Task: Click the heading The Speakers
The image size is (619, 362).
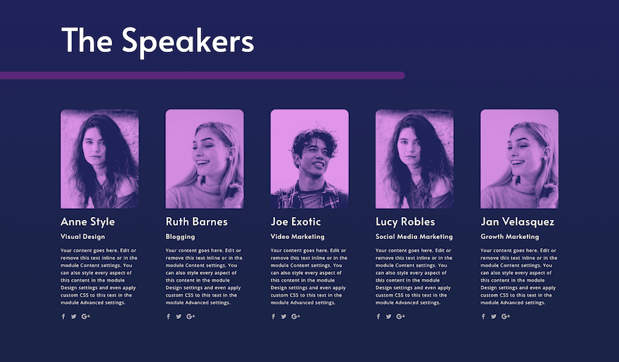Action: [158, 41]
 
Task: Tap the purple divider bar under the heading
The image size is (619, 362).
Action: [202, 75]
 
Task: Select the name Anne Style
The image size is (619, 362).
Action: [88, 222]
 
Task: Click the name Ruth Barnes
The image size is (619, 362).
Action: [196, 221]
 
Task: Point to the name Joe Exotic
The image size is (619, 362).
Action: [295, 221]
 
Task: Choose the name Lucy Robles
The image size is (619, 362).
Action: [405, 222]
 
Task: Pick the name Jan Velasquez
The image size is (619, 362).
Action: [517, 222]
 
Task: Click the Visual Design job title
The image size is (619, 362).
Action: [82, 237]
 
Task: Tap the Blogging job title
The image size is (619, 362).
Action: [180, 237]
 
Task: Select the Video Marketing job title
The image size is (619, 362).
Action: [298, 237]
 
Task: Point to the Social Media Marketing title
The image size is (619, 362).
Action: [414, 237]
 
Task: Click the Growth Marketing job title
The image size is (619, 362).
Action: [510, 237]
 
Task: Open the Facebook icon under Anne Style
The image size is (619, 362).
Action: [63, 316]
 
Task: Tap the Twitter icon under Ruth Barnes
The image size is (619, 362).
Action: [179, 316]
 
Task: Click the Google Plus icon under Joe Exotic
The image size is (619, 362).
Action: [295, 316]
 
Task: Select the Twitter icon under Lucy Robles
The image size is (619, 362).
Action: [389, 316]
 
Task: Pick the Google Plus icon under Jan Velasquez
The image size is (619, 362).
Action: [506, 316]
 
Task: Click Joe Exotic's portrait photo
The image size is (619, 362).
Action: [309, 159]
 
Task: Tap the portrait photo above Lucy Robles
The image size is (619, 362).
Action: [414, 159]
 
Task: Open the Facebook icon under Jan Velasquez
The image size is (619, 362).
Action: [483, 316]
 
